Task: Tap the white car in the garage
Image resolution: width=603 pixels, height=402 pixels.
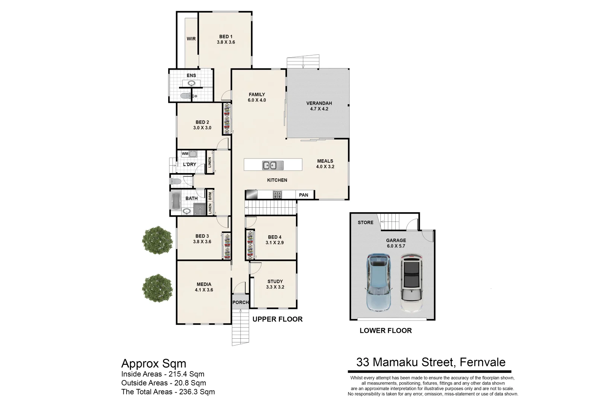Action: (x=412, y=283)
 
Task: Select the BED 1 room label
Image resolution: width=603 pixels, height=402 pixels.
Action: (x=226, y=39)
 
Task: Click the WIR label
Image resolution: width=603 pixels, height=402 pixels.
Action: (x=191, y=39)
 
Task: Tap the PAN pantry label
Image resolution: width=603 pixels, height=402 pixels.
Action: (x=304, y=195)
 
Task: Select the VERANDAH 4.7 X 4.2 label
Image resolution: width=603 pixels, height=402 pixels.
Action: (x=319, y=106)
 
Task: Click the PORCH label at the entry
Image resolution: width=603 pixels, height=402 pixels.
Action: (x=240, y=302)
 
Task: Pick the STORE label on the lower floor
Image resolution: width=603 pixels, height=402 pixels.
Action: (x=365, y=223)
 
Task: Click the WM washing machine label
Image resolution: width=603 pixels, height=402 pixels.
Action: (x=185, y=153)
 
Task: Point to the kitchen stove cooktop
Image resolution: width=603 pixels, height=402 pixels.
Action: (x=277, y=195)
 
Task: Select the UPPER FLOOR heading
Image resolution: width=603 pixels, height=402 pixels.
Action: (x=277, y=319)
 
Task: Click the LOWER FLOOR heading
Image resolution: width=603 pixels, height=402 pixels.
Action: (x=386, y=331)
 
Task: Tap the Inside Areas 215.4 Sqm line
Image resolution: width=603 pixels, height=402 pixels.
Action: (x=163, y=374)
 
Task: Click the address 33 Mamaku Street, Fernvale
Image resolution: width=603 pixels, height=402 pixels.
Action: (x=431, y=362)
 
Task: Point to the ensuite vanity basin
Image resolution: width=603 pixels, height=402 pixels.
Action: (x=191, y=83)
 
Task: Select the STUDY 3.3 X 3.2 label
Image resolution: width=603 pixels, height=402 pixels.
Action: (x=275, y=284)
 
